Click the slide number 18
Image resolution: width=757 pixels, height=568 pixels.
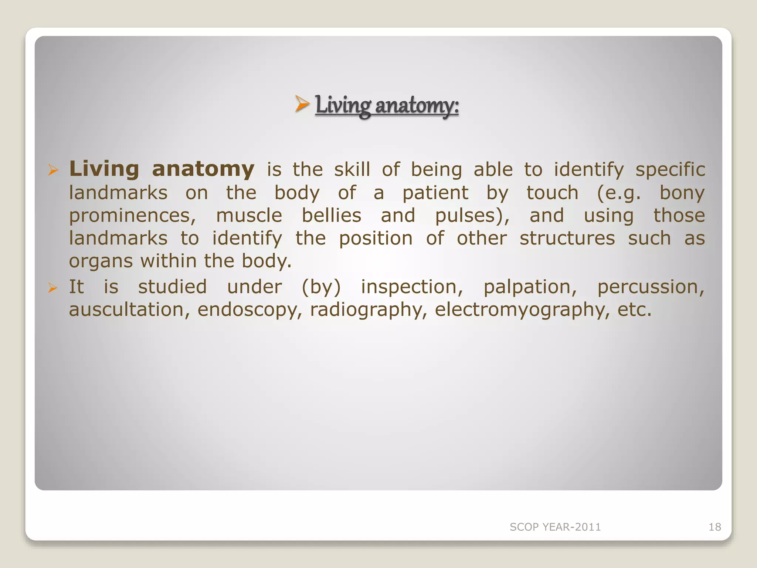point(714,527)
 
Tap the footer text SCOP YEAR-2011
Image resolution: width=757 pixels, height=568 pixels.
point(555,527)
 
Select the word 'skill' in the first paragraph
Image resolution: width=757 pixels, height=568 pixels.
point(352,169)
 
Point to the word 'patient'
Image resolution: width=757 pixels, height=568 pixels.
point(435,193)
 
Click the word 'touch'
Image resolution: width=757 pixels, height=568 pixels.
point(552,193)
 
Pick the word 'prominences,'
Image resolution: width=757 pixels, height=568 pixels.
point(133,216)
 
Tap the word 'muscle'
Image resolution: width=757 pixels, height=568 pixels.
point(249,216)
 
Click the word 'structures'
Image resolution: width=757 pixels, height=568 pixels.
point(567,239)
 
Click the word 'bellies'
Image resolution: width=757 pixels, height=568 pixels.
point(332,216)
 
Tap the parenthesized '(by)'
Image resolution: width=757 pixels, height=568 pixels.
point(321,287)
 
